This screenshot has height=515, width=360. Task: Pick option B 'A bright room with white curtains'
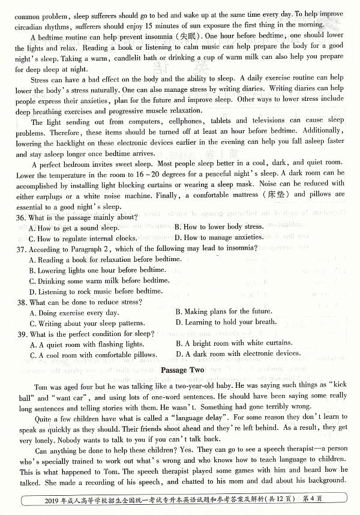tap(233, 344)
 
